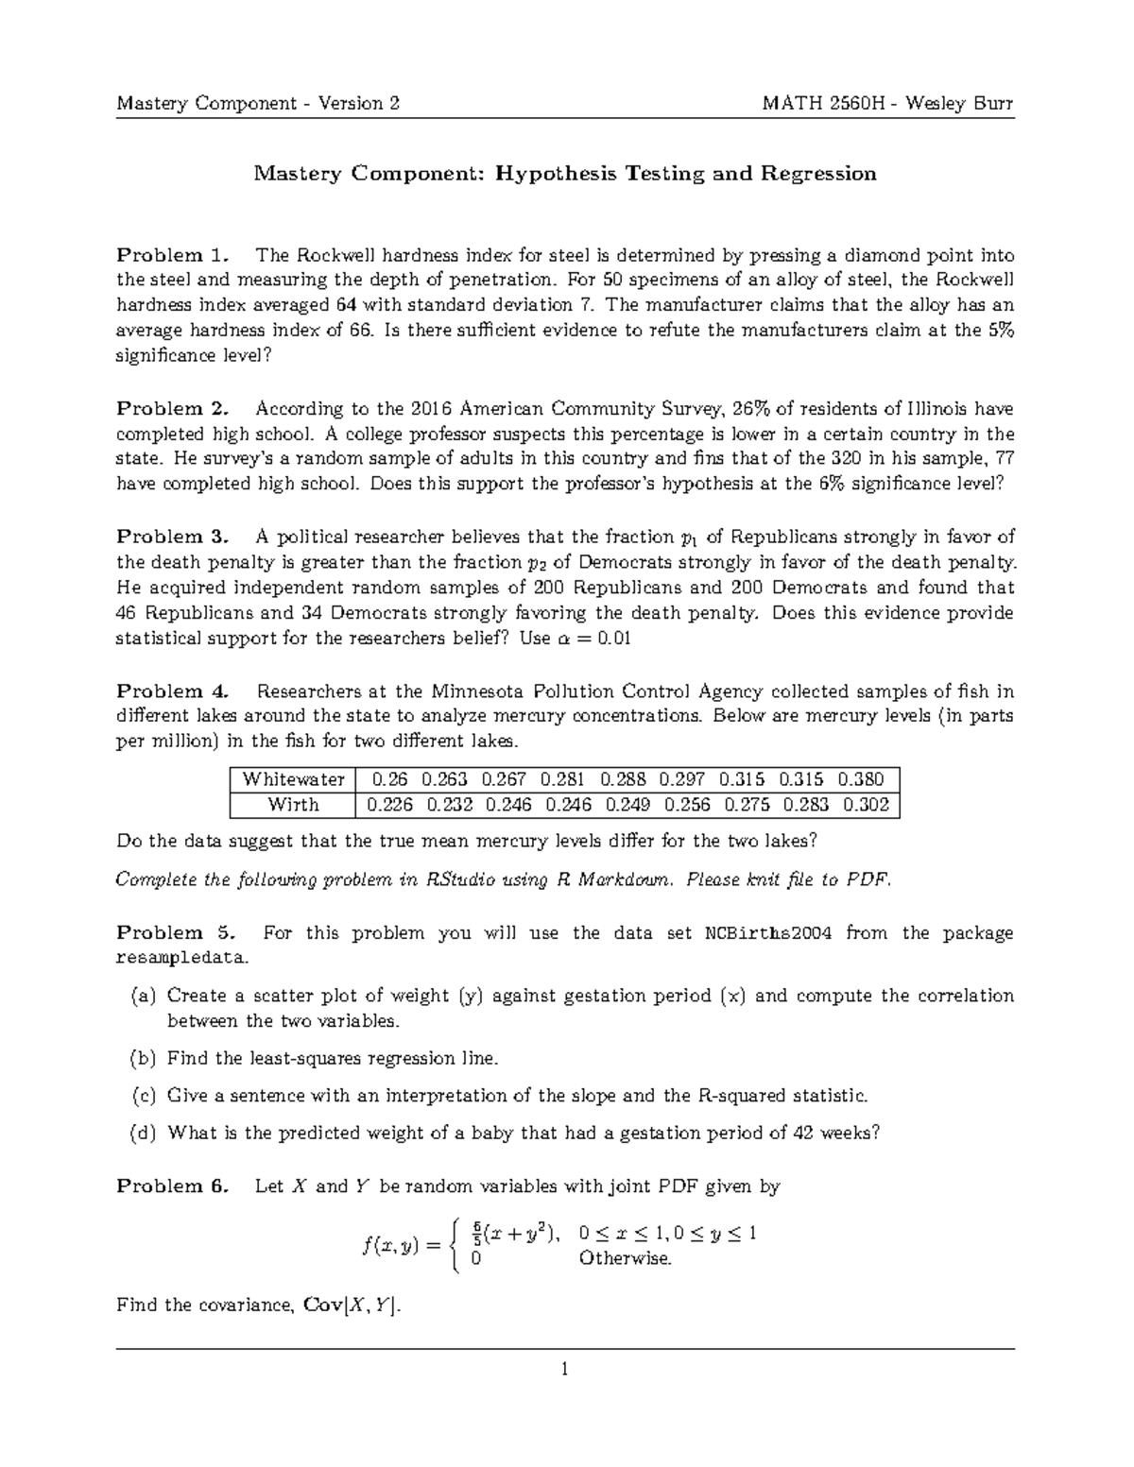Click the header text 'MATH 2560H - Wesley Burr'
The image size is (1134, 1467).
pyautogui.click(x=887, y=103)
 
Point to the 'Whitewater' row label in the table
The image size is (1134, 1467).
pyautogui.click(x=293, y=779)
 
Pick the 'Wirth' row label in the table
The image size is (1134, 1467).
pyautogui.click(x=293, y=805)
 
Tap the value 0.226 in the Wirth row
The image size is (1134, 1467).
pyautogui.click(x=389, y=805)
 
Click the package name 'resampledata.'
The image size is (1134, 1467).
pyautogui.click(x=183, y=958)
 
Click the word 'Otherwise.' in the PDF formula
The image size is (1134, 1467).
pyautogui.click(x=625, y=1258)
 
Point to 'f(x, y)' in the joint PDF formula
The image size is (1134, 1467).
pyautogui.click(x=389, y=1246)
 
